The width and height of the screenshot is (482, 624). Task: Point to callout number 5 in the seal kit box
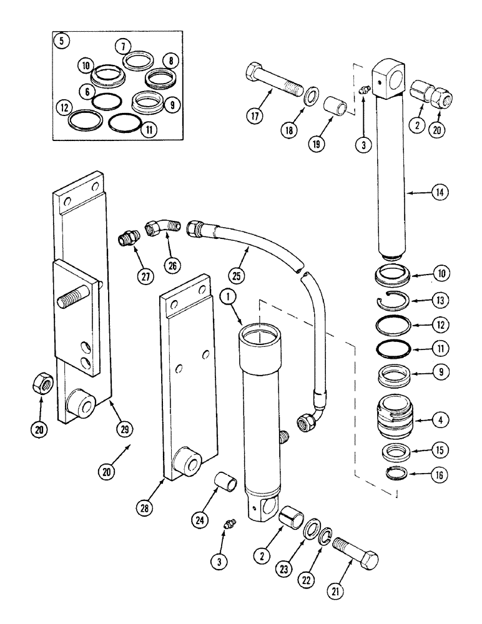tap(61, 42)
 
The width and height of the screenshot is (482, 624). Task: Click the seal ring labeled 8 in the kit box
tap(154, 79)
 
